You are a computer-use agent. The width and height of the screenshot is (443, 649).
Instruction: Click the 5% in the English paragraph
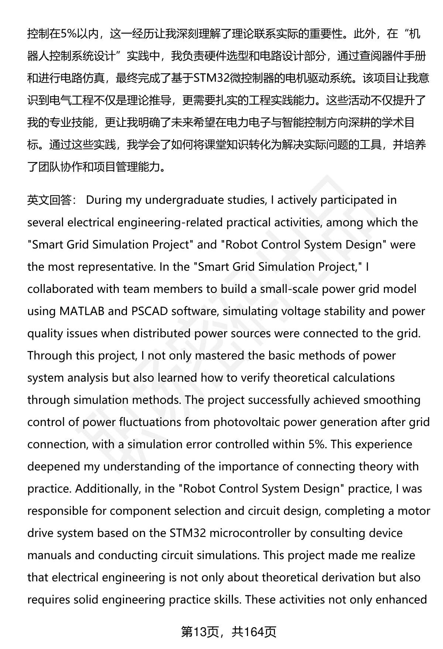coord(317,444)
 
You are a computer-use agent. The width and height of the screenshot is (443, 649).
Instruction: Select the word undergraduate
coord(181,200)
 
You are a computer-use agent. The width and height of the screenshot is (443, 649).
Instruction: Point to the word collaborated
coord(60,289)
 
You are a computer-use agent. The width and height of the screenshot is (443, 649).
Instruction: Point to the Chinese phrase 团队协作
coord(60,167)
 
